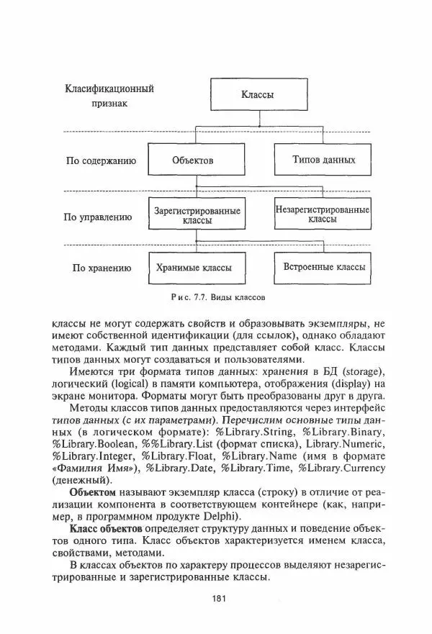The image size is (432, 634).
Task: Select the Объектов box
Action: click(x=193, y=160)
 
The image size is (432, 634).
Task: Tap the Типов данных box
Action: click(x=322, y=160)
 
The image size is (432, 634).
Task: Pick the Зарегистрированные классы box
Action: click(x=196, y=215)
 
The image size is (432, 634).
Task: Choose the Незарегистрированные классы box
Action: click(x=322, y=214)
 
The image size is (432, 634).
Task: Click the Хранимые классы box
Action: click(x=194, y=268)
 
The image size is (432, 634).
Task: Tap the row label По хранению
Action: click(x=102, y=268)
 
